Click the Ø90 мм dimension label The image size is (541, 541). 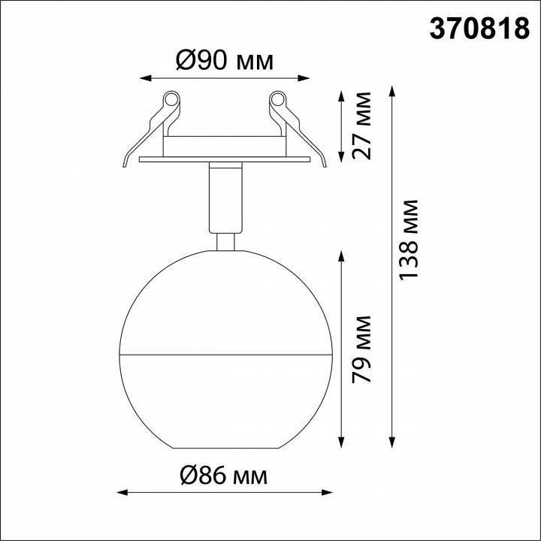[x=225, y=60]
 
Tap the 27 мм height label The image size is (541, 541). [x=363, y=126]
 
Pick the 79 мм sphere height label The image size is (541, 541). [x=363, y=349]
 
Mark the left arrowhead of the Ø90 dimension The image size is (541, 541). [x=144, y=77]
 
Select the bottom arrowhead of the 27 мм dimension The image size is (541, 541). [x=343, y=160]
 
